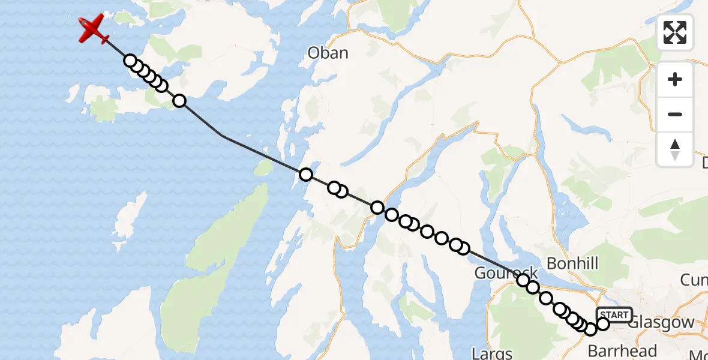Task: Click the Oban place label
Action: point(328,53)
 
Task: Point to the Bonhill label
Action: point(572,263)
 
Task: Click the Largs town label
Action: point(492,353)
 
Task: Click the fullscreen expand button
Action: point(675,32)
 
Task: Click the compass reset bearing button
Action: point(675,149)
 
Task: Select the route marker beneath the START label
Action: point(603,324)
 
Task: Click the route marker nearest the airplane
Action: point(130,61)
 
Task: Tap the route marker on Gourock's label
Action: point(523,280)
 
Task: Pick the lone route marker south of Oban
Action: point(306,175)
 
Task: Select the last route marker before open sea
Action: point(179,101)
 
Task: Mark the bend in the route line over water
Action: point(223,136)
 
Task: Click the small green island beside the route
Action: point(263,168)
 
